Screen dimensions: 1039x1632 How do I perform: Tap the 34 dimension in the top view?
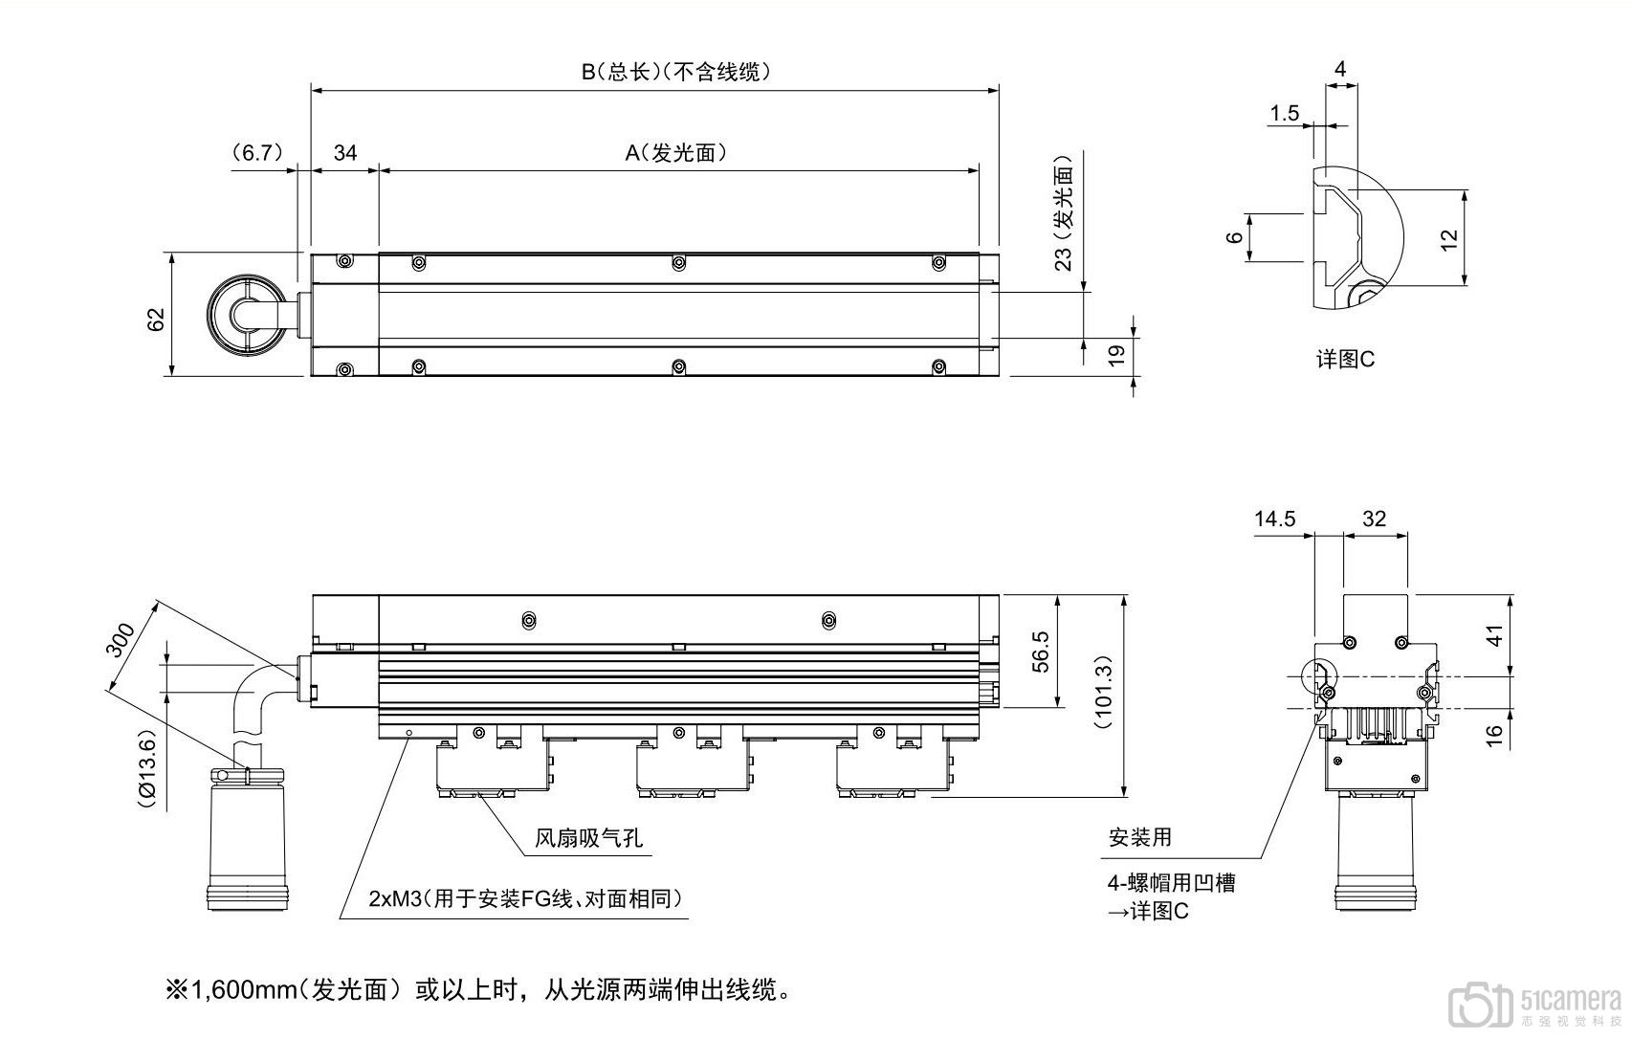[x=345, y=152]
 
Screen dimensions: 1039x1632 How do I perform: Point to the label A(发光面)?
[x=676, y=152]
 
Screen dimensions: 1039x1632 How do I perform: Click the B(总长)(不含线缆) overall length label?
[x=676, y=71]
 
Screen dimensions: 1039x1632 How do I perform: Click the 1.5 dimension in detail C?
[x=1285, y=114]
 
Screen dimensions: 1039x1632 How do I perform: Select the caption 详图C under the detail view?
[x=1345, y=360]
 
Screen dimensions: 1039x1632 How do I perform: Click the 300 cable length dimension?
[x=121, y=641]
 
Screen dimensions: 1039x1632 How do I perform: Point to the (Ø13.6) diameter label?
[x=146, y=770]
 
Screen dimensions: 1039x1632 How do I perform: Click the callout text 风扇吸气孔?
[x=588, y=839]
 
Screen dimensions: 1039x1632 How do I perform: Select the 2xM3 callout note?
[x=526, y=898]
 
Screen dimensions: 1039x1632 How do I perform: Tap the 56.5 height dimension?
[x=1040, y=652]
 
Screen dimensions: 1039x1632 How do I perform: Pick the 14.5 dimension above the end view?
[x=1274, y=519]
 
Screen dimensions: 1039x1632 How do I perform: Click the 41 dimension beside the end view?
[x=1494, y=634]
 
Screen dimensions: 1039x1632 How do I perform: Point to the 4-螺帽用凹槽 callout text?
[x=1172, y=882]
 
